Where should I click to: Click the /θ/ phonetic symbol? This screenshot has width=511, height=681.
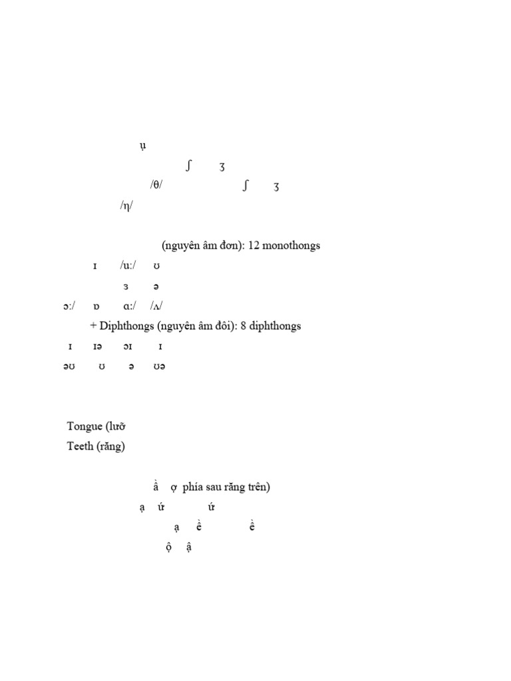156,186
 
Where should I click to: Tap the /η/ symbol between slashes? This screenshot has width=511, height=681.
126,206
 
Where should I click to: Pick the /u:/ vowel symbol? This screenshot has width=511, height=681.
128,266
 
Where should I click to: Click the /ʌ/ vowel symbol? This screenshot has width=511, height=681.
156,306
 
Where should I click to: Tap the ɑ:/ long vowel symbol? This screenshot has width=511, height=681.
130,306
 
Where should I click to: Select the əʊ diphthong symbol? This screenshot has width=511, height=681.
69,366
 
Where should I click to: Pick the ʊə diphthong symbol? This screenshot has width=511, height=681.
158,366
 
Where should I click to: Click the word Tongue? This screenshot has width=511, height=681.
85,426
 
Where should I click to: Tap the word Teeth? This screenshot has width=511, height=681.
80,446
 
